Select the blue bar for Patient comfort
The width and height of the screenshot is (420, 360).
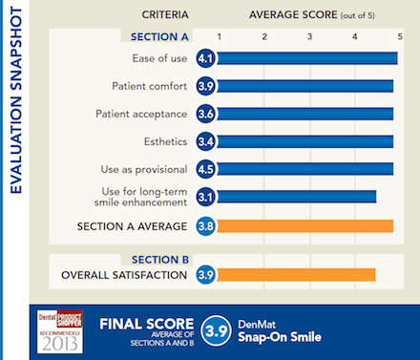(x=305, y=87)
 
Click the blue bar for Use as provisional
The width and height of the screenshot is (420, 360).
(x=305, y=170)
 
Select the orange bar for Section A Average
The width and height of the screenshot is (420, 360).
(x=305, y=226)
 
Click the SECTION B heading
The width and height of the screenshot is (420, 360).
(x=160, y=259)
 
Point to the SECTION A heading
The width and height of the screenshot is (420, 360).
(x=160, y=36)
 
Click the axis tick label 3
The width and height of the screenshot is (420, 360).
(x=309, y=36)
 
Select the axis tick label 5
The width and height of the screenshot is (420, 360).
(x=399, y=36)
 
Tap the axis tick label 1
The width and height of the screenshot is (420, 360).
(x=220, y=36)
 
